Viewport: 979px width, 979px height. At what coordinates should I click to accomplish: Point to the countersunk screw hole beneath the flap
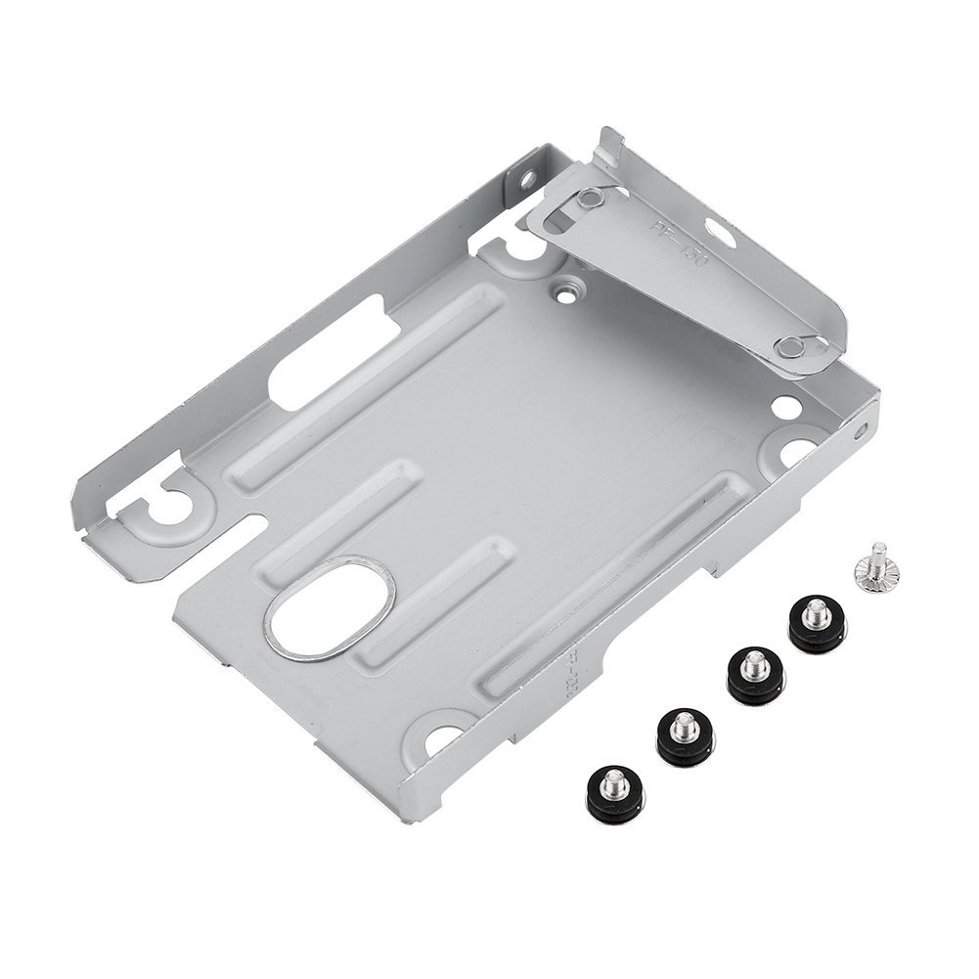[x=565, y=290]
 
